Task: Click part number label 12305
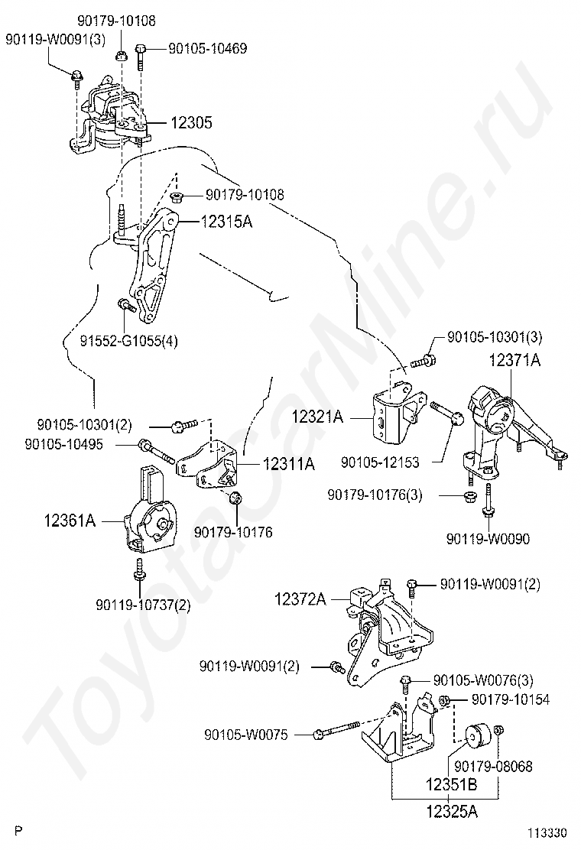tap(191, 123)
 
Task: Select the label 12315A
tap(226, 222)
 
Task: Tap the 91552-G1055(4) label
tap(128, 341)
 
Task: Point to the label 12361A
tap(70, 521)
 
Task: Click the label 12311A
tap(289, 463)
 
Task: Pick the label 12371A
tap(514, 360)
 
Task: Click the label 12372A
tap(300, 600)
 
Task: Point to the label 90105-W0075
tap(245, 735)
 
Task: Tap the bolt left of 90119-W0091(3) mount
tap(77, 76)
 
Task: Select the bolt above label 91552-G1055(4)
tap(124, 307)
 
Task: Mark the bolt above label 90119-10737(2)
tap(140, 569)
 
